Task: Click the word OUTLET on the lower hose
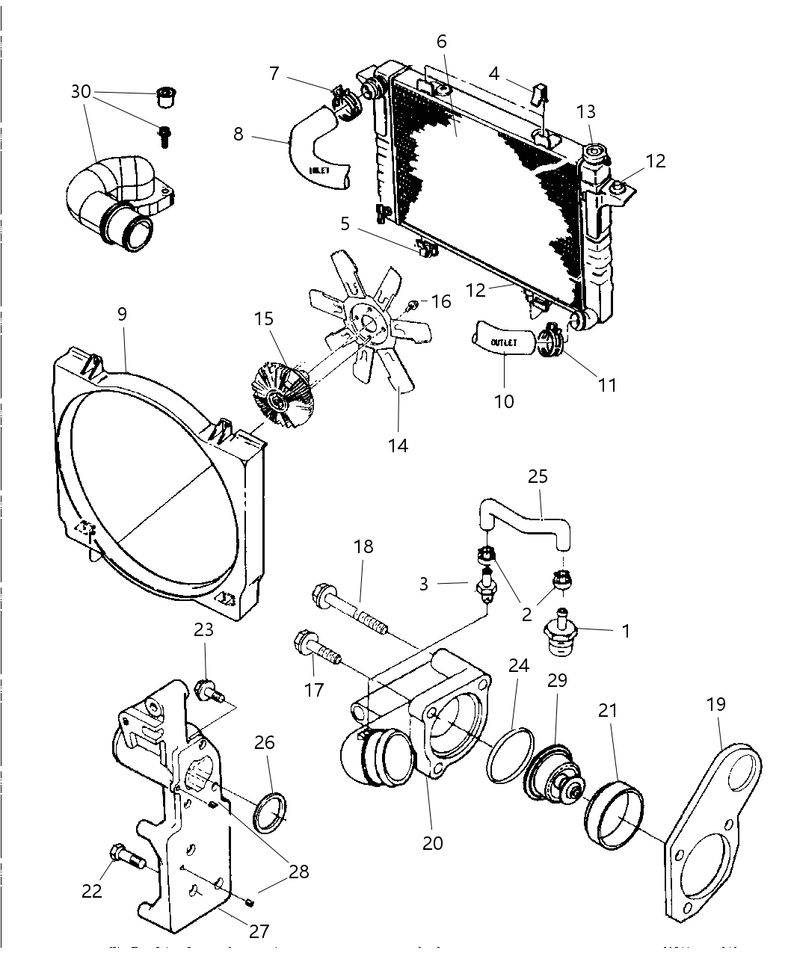504,342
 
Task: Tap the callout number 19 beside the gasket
715,704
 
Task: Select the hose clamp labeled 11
552,340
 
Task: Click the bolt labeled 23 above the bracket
209,691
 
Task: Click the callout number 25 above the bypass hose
538,476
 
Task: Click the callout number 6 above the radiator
442,41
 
